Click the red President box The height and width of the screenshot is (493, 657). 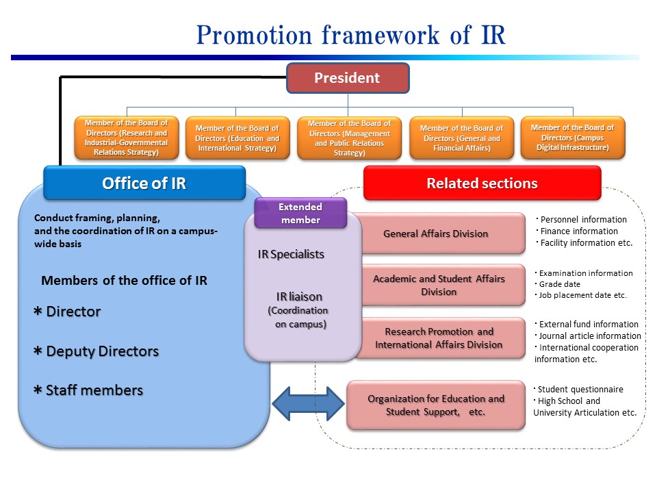click(x=348, y=78)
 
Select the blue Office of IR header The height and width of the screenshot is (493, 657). click(x=144, y=184)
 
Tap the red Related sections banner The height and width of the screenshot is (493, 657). click(x=482, y=184)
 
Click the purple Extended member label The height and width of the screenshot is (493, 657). click(x=300, y=213)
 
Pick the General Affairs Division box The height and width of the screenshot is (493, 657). click(x=440, y=233)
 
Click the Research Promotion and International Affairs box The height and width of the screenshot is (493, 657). click(x=440, y=338)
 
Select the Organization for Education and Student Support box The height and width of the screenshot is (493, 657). click(x=436, y=405)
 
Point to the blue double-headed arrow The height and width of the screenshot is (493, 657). click(x=309, y=404)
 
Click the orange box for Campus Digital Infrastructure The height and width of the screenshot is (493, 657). click(x=573, y=138)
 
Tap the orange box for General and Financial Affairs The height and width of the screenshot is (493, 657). click(x=462, y=138)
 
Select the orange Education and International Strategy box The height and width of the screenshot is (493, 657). click(x=237, y=138)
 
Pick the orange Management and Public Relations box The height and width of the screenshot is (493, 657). click(x=350, y=138)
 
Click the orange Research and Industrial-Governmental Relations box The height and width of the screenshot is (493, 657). click(x=127, y=138)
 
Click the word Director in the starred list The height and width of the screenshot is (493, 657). click(x=73, y=312)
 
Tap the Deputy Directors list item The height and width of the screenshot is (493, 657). click(x=96, y=351)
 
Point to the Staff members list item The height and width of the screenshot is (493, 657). click(x=88, y=390)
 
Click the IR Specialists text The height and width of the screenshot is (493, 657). click(x=291, y=255)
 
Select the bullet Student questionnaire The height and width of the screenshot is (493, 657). click(x=579, y=390)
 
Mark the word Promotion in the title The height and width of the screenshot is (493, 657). click(x=254, y=35)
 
